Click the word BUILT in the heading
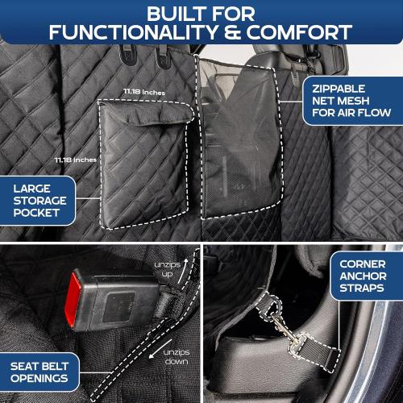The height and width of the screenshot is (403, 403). click(168, 12)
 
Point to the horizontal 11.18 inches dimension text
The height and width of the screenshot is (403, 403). click(143, 93)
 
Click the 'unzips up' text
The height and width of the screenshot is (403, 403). click(164, 269)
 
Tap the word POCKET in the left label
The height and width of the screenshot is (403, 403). click(37, 213)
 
